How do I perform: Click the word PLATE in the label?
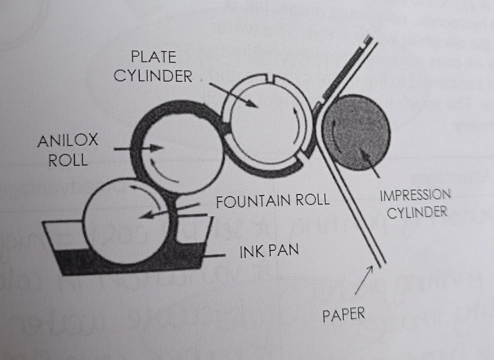(153, 57)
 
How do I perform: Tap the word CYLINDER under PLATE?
(153, 76)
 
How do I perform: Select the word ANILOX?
(68, 141)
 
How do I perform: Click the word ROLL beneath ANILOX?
(68, 160)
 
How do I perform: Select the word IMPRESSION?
(415, 195)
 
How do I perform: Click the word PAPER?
(344, 315)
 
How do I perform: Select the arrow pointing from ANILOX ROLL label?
(138, 149)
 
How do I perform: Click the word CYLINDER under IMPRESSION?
(417, 213)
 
